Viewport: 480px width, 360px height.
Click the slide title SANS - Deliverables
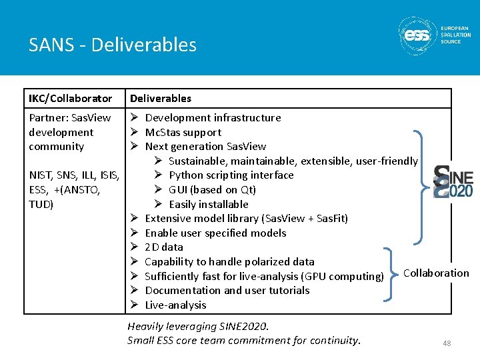pos(113,45)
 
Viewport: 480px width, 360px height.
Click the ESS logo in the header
pos(435,36)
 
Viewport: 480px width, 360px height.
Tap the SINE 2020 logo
pos(453,181)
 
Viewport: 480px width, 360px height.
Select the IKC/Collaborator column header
pos(70,98)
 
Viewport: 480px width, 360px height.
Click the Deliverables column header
pos(160,98)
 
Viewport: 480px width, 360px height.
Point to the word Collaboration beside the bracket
pos(436,273)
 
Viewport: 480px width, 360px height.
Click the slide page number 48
pos(447,343)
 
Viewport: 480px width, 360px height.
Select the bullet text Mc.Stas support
pos(183,132)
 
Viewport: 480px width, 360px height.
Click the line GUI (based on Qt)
pos(212,189)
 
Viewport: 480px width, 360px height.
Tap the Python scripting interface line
pos(231,175)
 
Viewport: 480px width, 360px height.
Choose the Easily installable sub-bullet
pos(208,204)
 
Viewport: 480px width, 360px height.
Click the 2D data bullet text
pos(163,247)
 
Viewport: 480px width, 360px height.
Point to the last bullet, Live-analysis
pos(175,305)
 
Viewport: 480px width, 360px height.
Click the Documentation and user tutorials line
pos(227,290)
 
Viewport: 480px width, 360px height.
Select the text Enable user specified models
pos(215,233)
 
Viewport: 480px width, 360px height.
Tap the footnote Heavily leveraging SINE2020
pos(197,326)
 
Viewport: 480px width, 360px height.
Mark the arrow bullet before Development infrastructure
pos(133,118)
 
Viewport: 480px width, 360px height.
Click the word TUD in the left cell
pos(41,204)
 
